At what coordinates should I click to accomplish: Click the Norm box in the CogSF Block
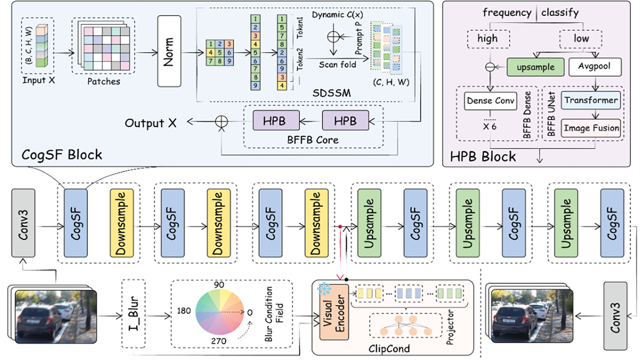pos(169,51)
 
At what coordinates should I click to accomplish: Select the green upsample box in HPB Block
pos(536,67)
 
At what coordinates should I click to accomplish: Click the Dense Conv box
pos(490,101)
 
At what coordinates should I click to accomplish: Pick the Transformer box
pos(591,100)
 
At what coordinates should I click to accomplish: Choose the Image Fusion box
pos(591,128)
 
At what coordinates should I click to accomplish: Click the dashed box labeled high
pos(488,39)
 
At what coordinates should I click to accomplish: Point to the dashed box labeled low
pos(581,39)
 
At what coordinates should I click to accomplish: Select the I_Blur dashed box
pos(133,314)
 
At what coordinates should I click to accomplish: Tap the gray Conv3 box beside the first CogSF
pos(23,223)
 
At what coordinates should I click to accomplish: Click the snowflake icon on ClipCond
pos(324,289)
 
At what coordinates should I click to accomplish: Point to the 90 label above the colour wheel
pos(219,285)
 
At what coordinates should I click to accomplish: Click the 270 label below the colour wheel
pos(219,341)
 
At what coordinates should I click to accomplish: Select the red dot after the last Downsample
pos(340,227)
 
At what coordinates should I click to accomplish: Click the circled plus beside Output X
pos(221,121)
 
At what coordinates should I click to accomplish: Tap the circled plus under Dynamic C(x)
pos(333,37)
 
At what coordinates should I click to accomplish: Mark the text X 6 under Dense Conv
pos(490,127)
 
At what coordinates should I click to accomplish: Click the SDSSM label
pos(332,93)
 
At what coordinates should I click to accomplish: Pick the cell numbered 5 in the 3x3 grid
pos(220,53)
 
